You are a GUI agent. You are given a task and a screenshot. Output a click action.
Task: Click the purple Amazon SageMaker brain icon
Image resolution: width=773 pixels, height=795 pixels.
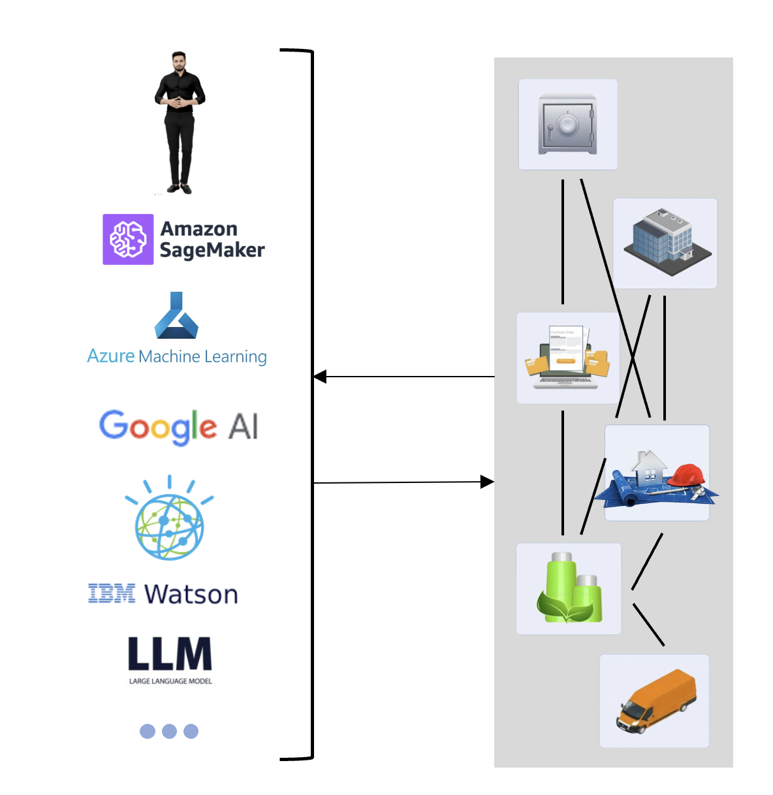(128, 239)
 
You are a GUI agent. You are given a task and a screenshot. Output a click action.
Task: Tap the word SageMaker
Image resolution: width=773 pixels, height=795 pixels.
(212, 250)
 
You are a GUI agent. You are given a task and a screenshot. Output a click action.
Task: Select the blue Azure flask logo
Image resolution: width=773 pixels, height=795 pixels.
(176, 317)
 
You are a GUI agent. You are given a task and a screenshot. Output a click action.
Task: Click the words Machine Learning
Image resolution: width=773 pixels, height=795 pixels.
(202, 356)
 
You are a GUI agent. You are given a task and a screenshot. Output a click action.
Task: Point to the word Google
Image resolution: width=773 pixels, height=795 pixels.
(157, 427)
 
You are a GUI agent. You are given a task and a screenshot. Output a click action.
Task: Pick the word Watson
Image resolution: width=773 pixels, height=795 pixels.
(191, 595)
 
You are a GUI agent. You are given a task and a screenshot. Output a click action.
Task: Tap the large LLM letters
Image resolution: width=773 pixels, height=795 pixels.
(170, 654)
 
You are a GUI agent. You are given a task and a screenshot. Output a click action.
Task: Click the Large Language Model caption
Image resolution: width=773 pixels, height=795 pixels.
(170, 681)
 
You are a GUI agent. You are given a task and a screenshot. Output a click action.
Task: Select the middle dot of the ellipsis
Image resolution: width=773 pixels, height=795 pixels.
(169, 731)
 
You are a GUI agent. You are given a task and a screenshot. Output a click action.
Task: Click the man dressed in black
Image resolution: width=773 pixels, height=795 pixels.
(180, 121)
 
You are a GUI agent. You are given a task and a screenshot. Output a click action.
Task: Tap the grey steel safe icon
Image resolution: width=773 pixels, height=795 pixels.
(567, 124)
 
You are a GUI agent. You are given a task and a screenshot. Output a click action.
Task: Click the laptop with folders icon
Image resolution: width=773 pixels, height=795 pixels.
(567, 358)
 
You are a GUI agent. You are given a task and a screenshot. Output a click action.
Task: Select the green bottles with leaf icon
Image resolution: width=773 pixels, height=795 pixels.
(569, 588)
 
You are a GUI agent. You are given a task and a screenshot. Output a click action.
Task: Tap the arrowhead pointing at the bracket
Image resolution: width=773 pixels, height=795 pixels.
(320, 377)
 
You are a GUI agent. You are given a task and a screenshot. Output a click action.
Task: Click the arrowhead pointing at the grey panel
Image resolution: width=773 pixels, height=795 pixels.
(487, 482)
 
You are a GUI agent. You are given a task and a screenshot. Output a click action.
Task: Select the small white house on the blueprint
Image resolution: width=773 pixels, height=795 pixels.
(649, 469)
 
